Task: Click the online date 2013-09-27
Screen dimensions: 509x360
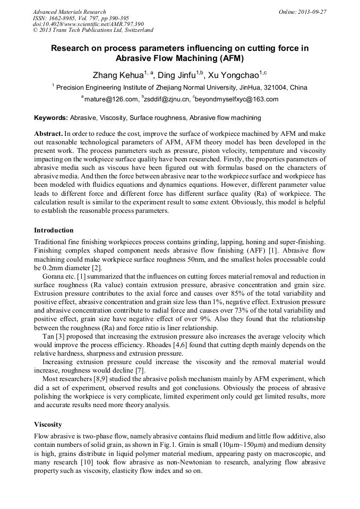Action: point(312,11)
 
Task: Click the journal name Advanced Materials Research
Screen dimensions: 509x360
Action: point(70,11)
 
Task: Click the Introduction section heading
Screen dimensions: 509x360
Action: point(54,230)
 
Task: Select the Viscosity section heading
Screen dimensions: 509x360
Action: point(48,425)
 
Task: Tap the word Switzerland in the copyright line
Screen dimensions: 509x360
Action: point(135,30)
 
